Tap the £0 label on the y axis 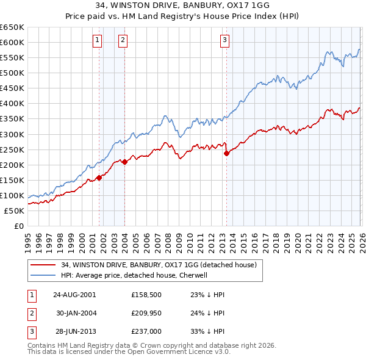coord(18,226)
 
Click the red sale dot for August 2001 coord(99,178)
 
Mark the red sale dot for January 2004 coord(124,162)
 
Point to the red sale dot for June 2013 coord(226,153)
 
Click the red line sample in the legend coord(43,265)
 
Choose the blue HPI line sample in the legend coord(43,275)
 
